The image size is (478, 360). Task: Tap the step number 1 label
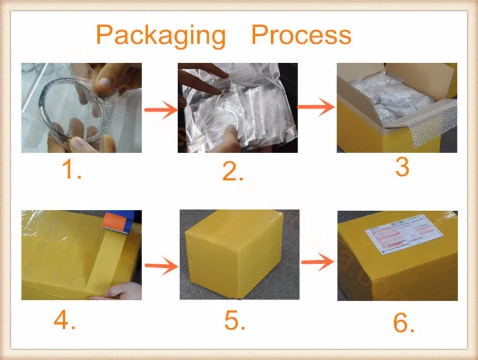(x=72, y=171)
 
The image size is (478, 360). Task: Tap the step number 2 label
(x=233, y=172)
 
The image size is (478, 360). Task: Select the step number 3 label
(x=402, y=167)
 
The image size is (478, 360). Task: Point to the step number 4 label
(x=65, y=321)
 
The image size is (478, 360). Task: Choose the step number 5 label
(x=235, y=321)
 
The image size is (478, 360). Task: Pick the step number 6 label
(x=404, y=323)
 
